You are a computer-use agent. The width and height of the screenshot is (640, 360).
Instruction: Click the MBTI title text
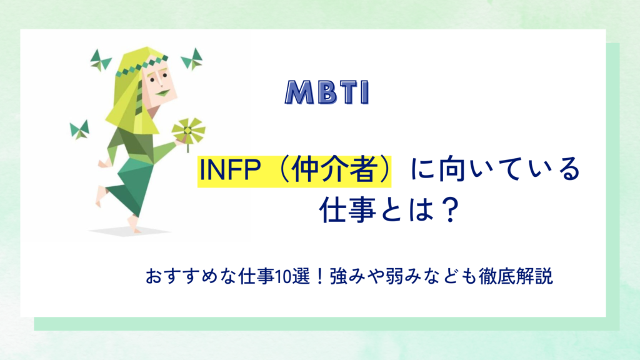[327, 92]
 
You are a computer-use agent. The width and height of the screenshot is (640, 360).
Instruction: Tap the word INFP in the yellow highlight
[230, 170]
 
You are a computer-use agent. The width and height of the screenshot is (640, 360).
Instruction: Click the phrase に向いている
[495, 169]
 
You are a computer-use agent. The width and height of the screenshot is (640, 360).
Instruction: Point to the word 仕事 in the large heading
[342, 210]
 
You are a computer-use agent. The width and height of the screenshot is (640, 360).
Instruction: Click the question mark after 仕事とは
[451, 210]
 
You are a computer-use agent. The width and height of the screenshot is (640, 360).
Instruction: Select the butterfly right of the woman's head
[192, 59]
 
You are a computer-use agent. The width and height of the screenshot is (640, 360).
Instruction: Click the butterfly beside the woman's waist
[79, 130]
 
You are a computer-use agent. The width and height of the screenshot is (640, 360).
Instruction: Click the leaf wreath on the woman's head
[141, 65]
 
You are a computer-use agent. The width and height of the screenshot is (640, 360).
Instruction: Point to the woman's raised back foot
[101, 195]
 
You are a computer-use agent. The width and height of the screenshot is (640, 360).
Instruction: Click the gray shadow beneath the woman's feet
[130, 231]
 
